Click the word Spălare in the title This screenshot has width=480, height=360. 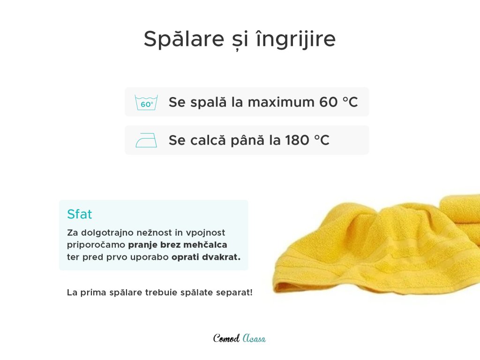pyautogui.click(x=184, y=39)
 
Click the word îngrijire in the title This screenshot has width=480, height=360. pyautogui.click(x=296, y=39)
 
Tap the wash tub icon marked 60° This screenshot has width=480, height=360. pyautogui.click(x=146, y=103)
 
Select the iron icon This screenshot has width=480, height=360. pyautogui.click(x=146, y=140)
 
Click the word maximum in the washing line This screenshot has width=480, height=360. pyautogui.click(x=281, y=102)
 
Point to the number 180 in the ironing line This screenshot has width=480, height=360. pyautogui.click(x=297, y=140)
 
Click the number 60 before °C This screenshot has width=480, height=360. pyautogui.click(x=329, y=102)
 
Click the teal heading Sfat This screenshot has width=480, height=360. pyautogui.click(x=80, y=214)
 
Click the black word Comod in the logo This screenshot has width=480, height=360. pyautogui.click(x=226, y=338)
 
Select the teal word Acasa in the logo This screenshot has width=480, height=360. pyautogui.click(x=254, y=338)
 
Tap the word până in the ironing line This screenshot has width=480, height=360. pyautogui.click(x=247, y=140)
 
